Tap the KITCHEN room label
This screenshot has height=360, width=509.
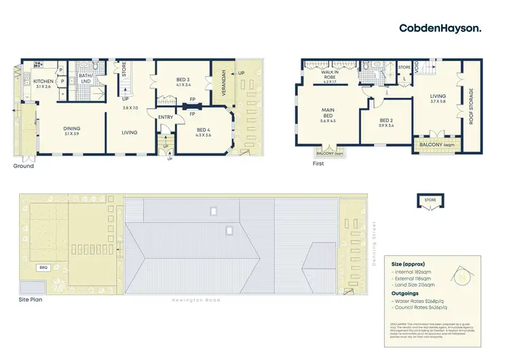[43, 83]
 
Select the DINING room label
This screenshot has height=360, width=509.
[71, 130]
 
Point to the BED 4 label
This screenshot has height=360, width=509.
[204, 132]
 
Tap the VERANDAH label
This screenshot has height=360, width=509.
[221, 82]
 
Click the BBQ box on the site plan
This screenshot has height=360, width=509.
[42, 267]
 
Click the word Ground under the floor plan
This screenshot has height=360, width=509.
[23, 166]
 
